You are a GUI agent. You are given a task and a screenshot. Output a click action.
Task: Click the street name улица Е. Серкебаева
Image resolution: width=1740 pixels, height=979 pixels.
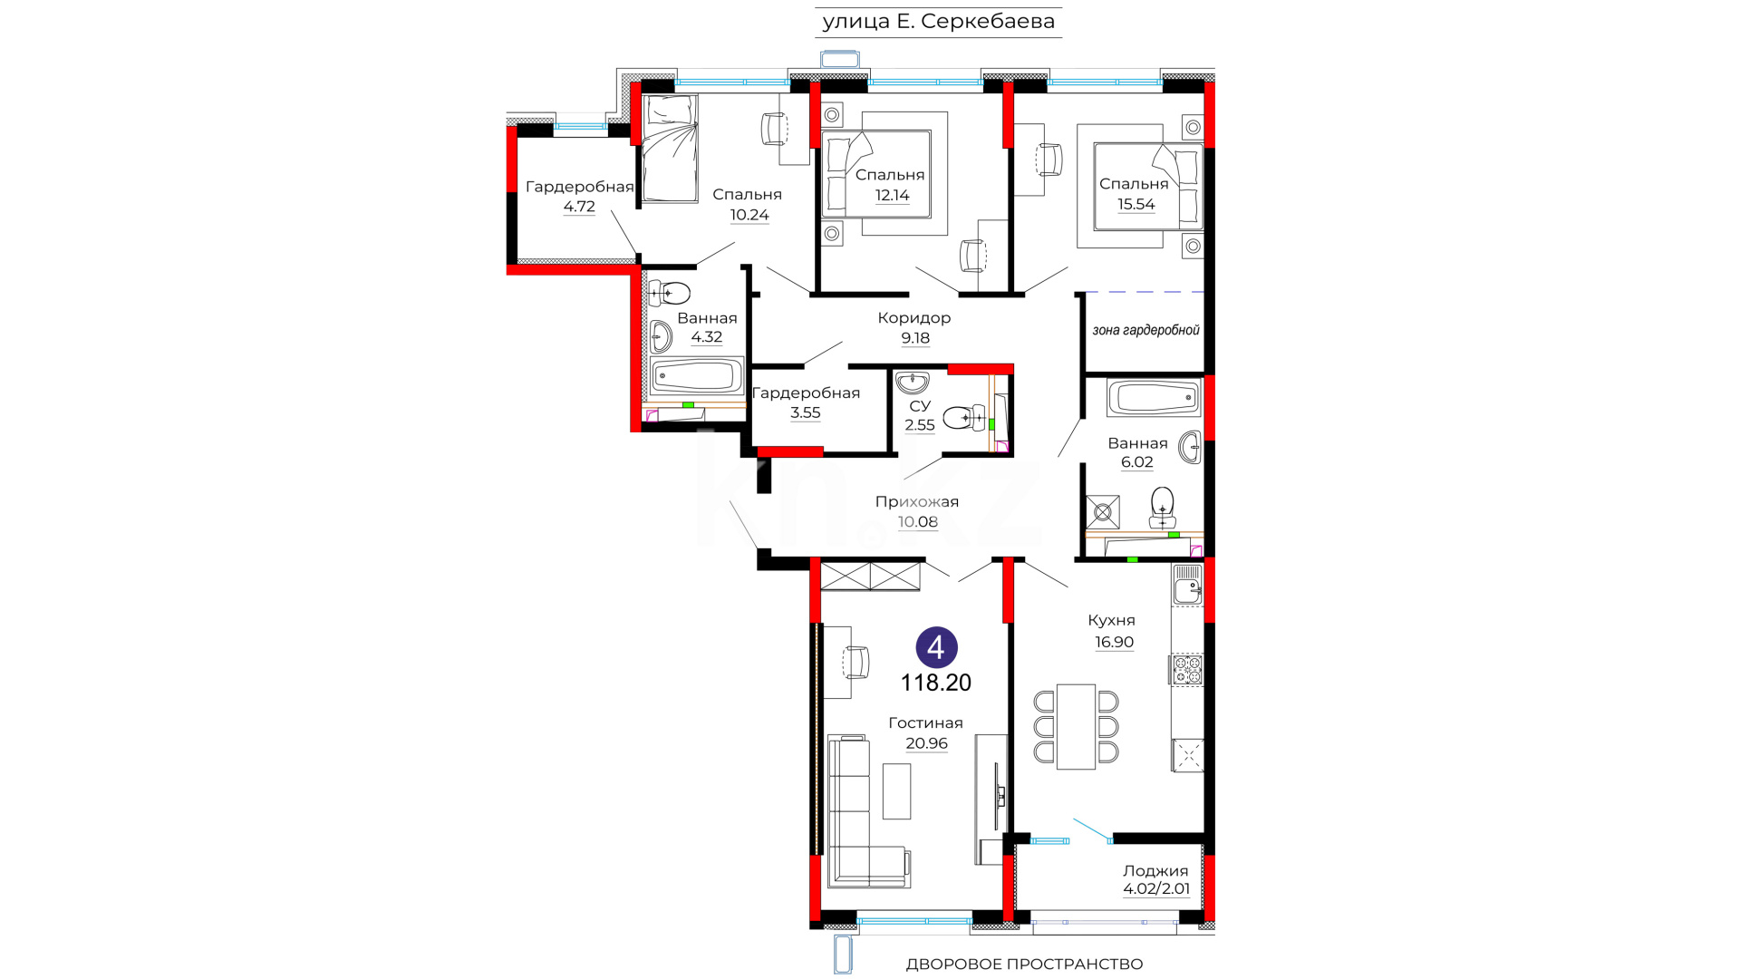click(x=938, y=22)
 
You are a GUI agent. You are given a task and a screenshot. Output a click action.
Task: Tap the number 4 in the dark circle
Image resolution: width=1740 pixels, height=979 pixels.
click(x=936, y=647)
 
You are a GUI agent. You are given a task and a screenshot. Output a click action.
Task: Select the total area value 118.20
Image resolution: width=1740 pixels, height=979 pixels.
click(x=936, y=683)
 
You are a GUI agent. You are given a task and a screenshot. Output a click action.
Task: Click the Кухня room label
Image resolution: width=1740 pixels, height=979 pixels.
click(x=1111, y=621)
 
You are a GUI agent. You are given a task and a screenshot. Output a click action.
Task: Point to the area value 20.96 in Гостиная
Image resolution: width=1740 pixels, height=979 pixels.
click(x=927, y=743)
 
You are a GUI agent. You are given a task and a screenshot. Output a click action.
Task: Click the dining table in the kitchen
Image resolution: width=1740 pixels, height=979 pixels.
click(x=1076, y=727)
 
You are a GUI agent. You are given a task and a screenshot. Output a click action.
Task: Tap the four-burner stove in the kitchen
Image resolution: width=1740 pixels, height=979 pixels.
click(x=1188, y=670)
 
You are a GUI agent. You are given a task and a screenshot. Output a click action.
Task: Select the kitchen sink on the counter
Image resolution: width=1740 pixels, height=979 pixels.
click(x=1187, y=585)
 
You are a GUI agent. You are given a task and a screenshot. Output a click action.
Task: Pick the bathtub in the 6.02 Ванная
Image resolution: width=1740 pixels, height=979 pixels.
click(x=1154, y=398)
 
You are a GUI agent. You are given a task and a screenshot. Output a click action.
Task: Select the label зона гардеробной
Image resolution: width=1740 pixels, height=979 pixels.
click(x=1145, y=330)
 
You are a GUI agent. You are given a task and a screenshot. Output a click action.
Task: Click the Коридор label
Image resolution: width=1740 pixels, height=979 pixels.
click(x=914, y=318)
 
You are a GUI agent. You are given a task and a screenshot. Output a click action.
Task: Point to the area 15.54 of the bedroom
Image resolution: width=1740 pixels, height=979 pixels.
click(x=1136, y=205)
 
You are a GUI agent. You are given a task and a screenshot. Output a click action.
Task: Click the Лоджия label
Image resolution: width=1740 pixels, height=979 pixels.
click(x=1155, y=871)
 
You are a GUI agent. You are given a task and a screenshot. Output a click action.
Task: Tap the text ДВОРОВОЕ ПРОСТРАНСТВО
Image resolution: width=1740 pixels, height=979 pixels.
click(x=1024, y=964)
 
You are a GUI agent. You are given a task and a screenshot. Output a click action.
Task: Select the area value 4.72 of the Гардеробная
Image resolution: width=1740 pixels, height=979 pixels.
click(x=579, y=207)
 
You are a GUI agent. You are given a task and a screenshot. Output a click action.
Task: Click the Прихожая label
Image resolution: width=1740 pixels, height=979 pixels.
click(x=917, y=502)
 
